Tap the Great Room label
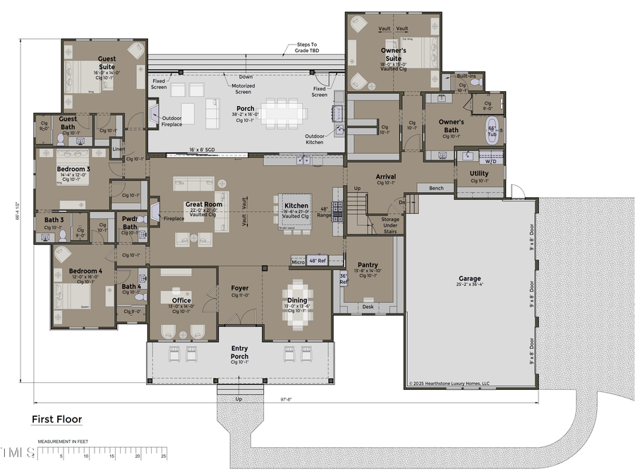204,205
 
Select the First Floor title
56,420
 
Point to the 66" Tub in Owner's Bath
492,131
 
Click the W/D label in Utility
488,161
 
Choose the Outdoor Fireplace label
172,122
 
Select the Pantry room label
368,265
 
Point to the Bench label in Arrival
435,188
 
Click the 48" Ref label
317,261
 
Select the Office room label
181,300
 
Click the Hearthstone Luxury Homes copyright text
449,384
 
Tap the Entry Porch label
240,352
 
